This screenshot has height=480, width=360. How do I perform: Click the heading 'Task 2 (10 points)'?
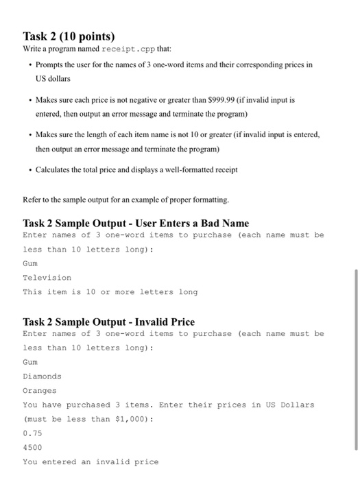(x=69, y=36)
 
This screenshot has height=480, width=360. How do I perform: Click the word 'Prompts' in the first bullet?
(x=52, y=64)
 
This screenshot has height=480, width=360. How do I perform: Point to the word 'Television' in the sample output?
(x=47, y=278)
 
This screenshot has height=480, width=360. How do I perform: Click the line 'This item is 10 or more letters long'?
(x=110, y=292)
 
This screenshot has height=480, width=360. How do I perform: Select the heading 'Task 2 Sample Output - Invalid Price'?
(x=108, y=322)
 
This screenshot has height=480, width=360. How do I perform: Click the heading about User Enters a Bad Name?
(x=136, y=224)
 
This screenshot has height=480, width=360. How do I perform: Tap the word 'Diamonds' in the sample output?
(x=42, y=376)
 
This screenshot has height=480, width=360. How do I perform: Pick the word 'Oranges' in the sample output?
(x=40, y=391)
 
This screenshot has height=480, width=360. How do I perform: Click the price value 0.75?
(x=32, y=433)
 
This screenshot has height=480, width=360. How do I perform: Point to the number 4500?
(x=32, y=447)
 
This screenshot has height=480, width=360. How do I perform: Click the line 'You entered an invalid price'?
(x=91, y=461)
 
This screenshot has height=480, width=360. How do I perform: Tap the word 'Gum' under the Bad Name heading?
(x=30, y=263)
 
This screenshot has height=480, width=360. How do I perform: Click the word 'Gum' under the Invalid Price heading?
(x=30, y=362)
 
